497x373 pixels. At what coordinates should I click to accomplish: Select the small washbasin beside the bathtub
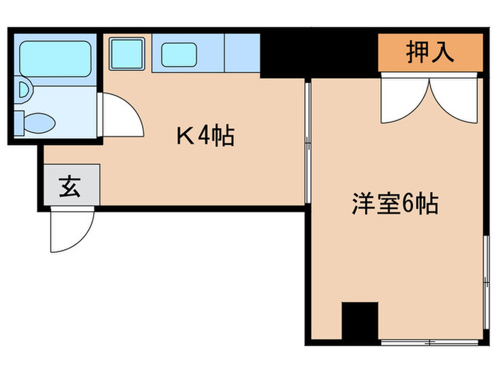[x=25, y=92]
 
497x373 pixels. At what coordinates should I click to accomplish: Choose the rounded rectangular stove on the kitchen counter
[x=180, y=53]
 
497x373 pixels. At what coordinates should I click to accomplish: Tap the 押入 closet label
[x=430, y=53]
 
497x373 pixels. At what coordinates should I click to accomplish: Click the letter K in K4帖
[x=185, y=135]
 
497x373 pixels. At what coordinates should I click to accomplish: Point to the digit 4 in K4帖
[x=204, y=135]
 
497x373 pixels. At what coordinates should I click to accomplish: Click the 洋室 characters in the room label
[x=376, y=205]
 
